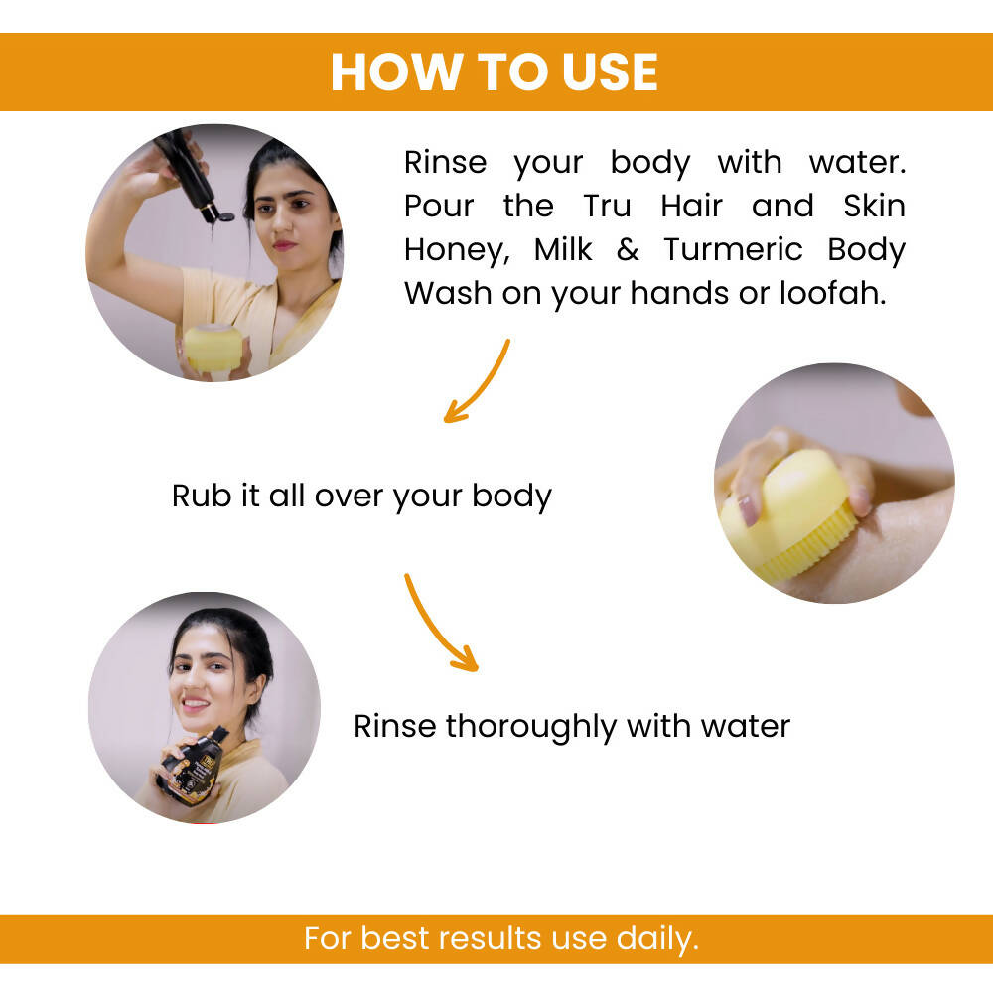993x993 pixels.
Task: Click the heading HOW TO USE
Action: coord(494,72)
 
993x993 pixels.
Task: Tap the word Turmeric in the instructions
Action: coord(736,250)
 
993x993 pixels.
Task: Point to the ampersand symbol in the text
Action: coord(627,250)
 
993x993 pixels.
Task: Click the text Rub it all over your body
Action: coord(361,495)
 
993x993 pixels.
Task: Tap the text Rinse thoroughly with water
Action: coord(571,725)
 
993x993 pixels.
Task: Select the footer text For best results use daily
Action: coord(500,938)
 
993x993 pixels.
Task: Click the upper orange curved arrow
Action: coord(478,382)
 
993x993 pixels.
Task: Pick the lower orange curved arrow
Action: coord(440,622)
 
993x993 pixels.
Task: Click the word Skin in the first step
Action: coord(874,207)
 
